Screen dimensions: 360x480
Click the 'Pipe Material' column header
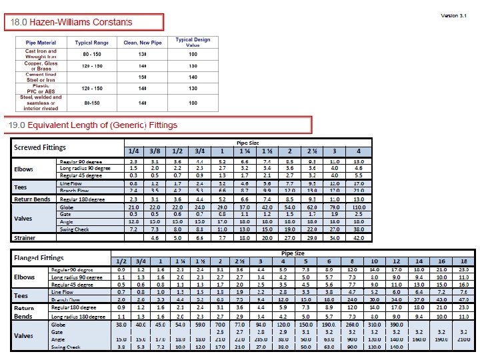pos(41,41)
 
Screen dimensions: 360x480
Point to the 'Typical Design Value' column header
pos(193,41)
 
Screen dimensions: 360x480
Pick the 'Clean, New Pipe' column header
pos(143,41)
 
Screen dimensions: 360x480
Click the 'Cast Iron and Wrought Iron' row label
pos(41,53)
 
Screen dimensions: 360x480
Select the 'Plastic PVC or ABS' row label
pos(41,88)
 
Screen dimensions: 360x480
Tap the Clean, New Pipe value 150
pos(143,77)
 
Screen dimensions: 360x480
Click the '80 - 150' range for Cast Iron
pos(93,53)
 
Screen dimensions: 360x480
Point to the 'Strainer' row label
pos(25,237)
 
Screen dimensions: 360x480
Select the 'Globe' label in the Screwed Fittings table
pos(67,207)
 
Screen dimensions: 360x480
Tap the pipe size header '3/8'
pos(155,151)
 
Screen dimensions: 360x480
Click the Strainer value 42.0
pos(359,237)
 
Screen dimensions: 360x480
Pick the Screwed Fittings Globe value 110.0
pos(359,207)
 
